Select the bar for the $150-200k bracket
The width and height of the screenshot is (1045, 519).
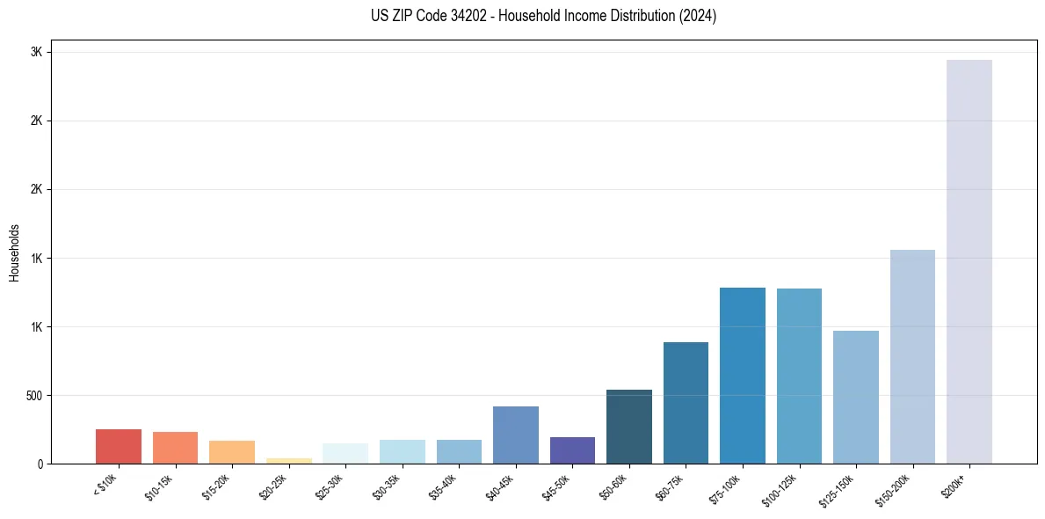coord(912,356)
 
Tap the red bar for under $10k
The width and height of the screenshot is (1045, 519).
coord(119,446)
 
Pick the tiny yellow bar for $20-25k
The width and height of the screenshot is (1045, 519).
coord(289,460)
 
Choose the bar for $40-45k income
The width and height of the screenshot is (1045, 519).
coord(516,435)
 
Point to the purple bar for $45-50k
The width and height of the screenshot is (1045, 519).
coord(572,450)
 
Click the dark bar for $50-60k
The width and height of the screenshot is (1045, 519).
coord(629,426)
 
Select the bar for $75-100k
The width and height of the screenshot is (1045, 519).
coord(743,375)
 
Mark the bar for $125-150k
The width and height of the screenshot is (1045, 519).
coord(856,397)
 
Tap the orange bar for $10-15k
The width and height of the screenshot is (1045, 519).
coord(175,447)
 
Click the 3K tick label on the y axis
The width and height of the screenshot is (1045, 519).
coord(36,52)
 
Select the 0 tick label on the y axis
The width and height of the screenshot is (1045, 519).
coord(40,464)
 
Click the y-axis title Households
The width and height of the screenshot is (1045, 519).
coord(14,252)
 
